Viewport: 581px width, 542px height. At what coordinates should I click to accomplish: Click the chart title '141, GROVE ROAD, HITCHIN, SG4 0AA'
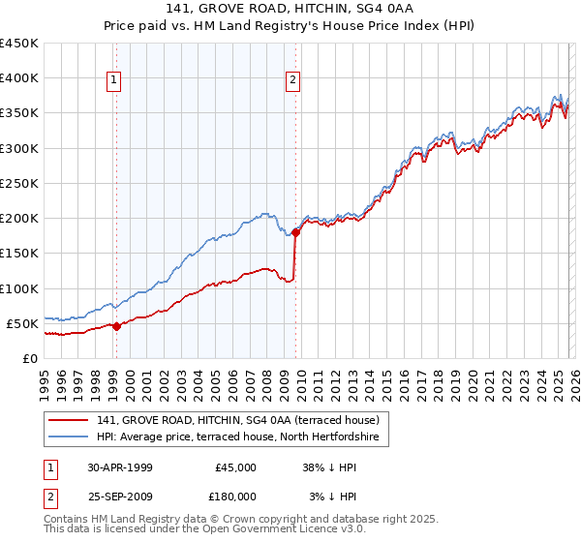tap(290, 10)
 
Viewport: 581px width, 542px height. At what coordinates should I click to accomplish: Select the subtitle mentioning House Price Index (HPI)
tap(290, 26)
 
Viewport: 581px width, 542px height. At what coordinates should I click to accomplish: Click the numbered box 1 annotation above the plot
tap(115, 81)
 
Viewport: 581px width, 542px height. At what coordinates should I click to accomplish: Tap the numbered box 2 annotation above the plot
tap(292, 81)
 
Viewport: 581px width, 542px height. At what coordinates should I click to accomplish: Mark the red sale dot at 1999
tap(116, 326)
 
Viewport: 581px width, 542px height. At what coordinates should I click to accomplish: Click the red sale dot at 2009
tap(295, 232)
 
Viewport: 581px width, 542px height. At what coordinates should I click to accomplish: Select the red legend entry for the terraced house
tap(242, 420)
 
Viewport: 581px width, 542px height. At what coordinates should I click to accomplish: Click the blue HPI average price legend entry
tap(242, 437)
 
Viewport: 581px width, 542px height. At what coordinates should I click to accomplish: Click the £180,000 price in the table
tap(235, 496)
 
